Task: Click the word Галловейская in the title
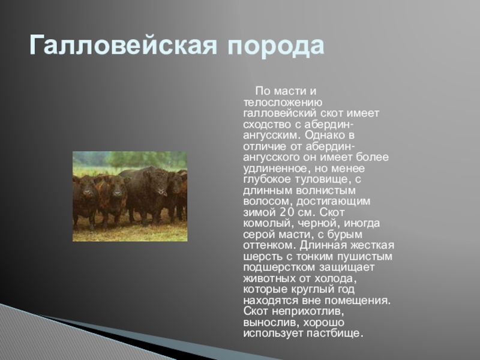tap(124, 46)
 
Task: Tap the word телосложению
tap(283, 103)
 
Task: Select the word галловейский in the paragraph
tap(280, 113)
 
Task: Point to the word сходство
tap(267, 125)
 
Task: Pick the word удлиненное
tap(275, 169)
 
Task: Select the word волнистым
tap(326, 190)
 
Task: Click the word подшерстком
tap(279, 268)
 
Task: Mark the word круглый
tap(312, 290)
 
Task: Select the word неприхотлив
tap(308, 311)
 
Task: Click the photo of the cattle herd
tap(130, 196)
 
